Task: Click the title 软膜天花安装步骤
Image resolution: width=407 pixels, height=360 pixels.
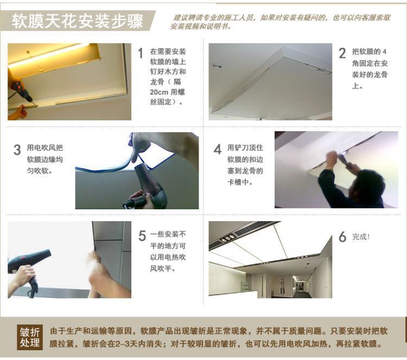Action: (78, 21)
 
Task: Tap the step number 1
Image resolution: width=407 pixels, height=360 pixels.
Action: (141, 53)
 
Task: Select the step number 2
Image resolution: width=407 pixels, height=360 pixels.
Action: (342, 54)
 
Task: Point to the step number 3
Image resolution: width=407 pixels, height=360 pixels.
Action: (17, 150)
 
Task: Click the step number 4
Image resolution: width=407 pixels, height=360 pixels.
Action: (218, 150)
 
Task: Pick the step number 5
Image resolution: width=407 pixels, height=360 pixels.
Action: (142, 236)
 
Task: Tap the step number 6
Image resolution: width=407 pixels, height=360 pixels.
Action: (342, 237)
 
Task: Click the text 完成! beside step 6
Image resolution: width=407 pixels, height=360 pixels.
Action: (361, 236)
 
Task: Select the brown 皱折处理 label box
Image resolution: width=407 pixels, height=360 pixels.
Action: (30, 337)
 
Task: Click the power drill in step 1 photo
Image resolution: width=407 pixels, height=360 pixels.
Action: (22, 91)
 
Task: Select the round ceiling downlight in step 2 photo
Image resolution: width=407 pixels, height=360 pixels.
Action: (217, 66)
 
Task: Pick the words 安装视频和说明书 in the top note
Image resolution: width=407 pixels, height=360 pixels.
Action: (200, 27)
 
